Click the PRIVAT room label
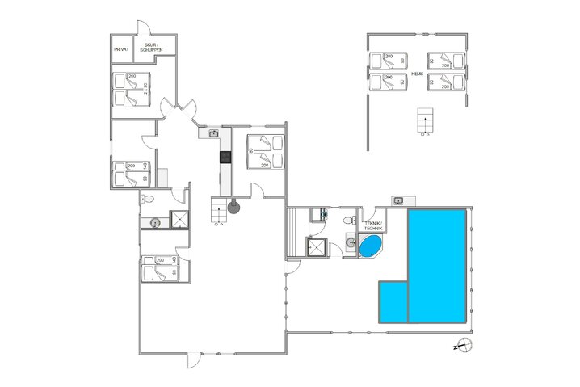pyautogui.click(x=122, y=48)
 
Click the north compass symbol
pyautogui.click(x=463, y=346)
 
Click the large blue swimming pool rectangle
pyautogui.click(x=437, y=264)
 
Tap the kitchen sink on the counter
pyautogui.click(x=213, y=133)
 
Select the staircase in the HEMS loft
pyautogui.click(x=424, y=122)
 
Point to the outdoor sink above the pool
pyautogui.click(x=399, y=200)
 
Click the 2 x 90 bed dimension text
pyautogui.click(x=145, y=89)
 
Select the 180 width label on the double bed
pyautogui.click(x=252, y=151)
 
